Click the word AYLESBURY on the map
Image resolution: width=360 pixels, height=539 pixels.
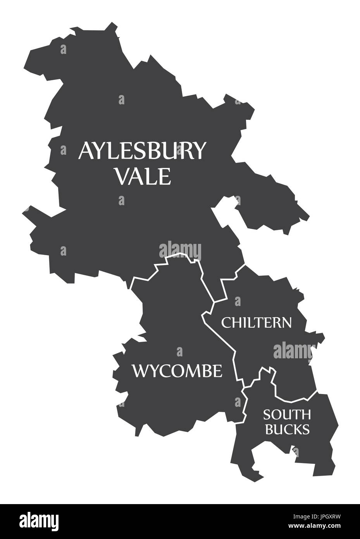[141, 150]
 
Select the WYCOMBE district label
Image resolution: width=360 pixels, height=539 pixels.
[177, 371]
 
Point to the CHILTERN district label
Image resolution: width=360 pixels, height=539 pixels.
[256, 322]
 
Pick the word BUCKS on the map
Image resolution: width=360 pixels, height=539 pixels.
[287, 429]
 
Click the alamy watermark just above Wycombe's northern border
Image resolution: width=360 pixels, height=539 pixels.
[180, 249]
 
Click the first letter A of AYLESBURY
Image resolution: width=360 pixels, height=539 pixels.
[86, 150]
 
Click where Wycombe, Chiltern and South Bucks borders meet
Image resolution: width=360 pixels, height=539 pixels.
[244, 387]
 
